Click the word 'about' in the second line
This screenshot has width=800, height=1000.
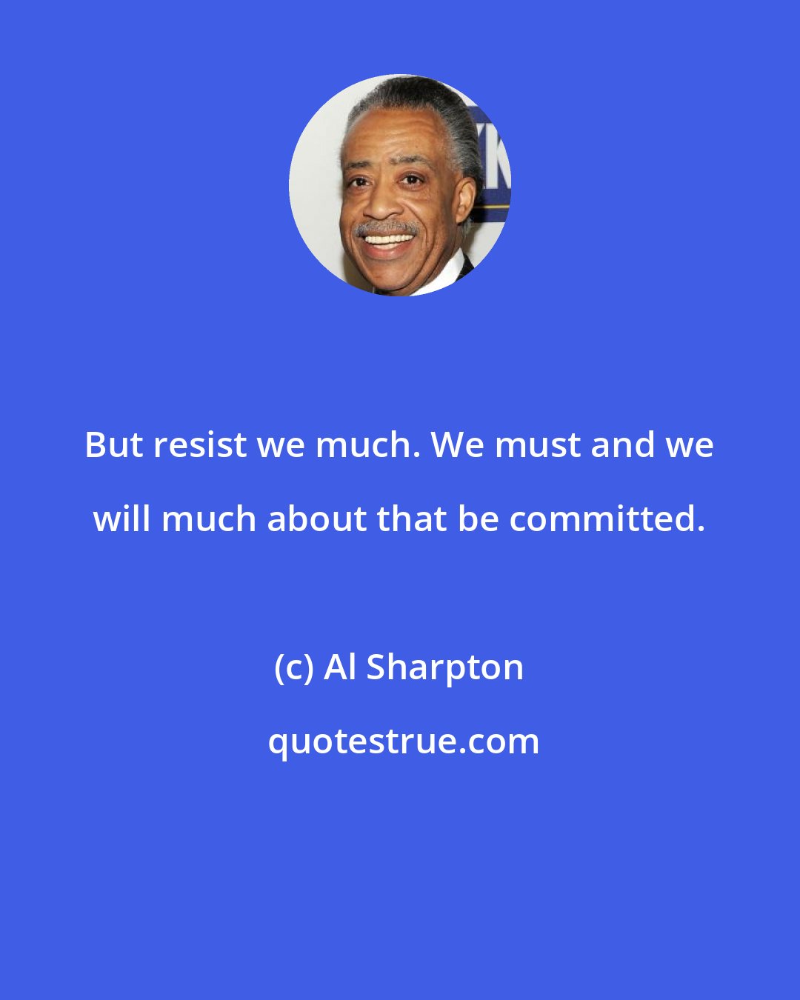pyautogui.click(x=316, y=519)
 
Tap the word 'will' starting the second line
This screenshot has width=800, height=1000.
pyautogui.click(x=122, y=519)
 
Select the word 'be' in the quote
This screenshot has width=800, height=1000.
pyautogui.click(x=479, y=519)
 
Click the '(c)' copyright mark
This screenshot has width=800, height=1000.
pyautogui.click(x=294, y=667)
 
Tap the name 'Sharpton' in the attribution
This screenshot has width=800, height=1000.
pyautogui.click(x=445, y=667)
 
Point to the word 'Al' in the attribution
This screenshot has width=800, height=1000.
pyautogui.click(x=341, y=667)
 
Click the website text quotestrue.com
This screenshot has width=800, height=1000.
pyautogui.click(x=404, y=741)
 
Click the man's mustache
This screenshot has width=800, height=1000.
pyautogui.click(x=386, y=227)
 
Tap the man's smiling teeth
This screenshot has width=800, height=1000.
pyautogui.click(x=387, y=240)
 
